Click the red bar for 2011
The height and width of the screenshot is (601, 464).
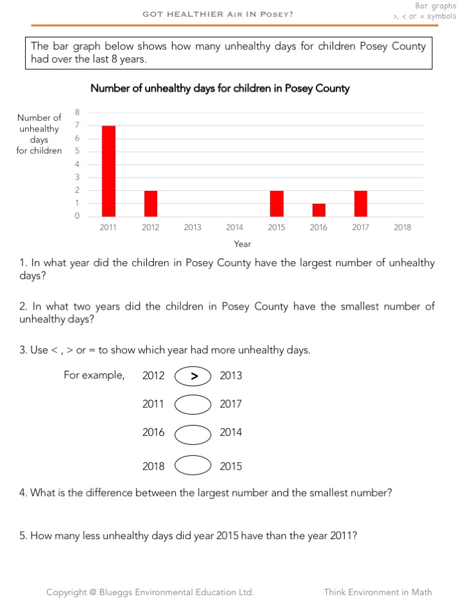(x=108, y=171)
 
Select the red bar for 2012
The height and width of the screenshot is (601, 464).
(x=150, y=203)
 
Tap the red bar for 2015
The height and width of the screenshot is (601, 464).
(x=276, y=203)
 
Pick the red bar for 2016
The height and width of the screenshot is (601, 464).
(x=318, y=210)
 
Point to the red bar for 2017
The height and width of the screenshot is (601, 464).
(x=360, y=203)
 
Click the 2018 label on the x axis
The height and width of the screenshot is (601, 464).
(x=402, y=227)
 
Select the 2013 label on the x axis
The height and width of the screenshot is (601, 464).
(x=192, y=227)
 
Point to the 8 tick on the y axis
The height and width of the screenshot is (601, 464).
(x=77, y=112)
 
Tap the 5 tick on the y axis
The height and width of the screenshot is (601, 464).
(x=77, y=152)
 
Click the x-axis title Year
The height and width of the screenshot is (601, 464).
(x=242, y=244)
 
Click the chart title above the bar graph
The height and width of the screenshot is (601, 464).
(x=220, y=88)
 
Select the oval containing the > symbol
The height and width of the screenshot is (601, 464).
(x=193, y=376)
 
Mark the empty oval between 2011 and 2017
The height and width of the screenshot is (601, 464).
(x=193, y=404)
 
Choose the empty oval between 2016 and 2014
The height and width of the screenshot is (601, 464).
(x=193, y=433)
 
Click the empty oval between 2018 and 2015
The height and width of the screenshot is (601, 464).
(x=193, y=466)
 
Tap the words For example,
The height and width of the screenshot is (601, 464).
(x=94, y=375)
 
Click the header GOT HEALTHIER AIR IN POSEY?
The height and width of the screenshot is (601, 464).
(x=218, y=14)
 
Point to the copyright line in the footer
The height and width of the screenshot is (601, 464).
(x=150, y=592)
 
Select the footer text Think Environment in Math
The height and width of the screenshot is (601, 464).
(x=378, y=592)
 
